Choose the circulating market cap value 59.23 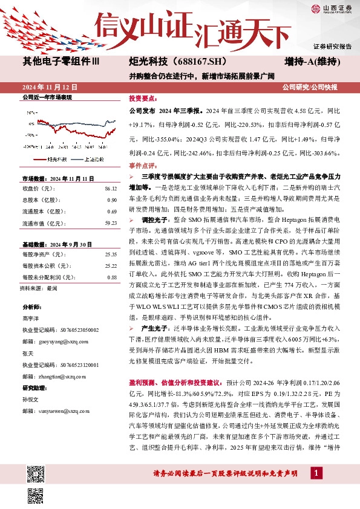110,223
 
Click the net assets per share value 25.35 110,254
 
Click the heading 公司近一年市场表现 47,97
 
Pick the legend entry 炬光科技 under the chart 56,160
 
